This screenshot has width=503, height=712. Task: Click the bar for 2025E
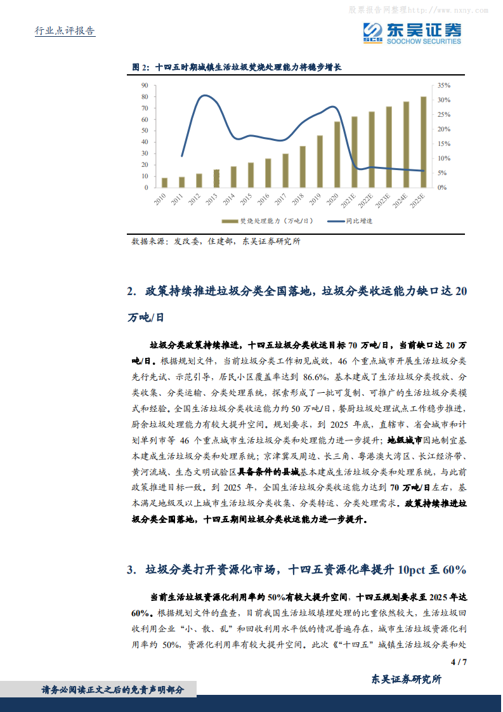423,142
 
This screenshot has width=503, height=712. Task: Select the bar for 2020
337,155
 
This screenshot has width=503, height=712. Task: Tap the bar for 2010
165,183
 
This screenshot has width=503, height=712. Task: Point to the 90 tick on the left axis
145,85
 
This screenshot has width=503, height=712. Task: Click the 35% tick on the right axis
444,85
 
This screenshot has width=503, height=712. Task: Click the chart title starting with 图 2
237,67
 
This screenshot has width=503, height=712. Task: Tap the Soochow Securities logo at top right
412,32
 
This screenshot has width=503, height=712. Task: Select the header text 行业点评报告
64,31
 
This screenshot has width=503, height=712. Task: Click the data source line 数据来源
216,242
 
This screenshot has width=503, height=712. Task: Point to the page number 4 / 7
458,663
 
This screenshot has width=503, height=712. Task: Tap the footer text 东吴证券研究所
405,679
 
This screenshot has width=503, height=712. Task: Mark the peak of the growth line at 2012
204,96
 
